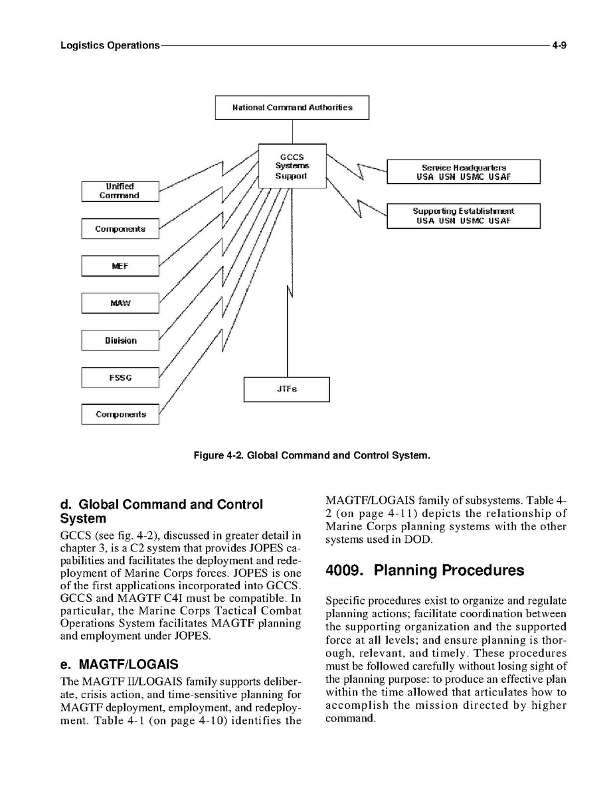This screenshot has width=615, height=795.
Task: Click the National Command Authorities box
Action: click(292, 108)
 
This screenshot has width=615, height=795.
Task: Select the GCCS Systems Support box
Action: click(292, 166)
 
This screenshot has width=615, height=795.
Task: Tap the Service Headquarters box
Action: click(463, 172)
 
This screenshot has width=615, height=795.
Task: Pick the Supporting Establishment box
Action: click(463, 216)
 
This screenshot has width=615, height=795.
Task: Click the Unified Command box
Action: click(120, 191)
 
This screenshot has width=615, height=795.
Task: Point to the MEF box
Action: click(120, 266)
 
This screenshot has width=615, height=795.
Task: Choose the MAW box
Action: click(120, 303)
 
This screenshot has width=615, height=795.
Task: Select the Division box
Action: click(120, 340)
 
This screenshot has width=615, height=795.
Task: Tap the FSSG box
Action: click(120, 378)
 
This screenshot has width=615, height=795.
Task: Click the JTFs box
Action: click(286, 389)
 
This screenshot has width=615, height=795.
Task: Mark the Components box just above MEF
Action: click(120, 229)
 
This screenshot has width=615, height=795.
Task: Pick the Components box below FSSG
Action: click(120, 414)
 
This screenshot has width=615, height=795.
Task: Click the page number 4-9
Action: click(559, 46)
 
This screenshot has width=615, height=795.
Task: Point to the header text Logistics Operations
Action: click(110, 46)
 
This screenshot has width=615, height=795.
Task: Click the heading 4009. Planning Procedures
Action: click(424, 571)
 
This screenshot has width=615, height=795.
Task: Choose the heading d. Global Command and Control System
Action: click(161, 511)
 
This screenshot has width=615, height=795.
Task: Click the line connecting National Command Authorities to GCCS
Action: click(292, 131)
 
